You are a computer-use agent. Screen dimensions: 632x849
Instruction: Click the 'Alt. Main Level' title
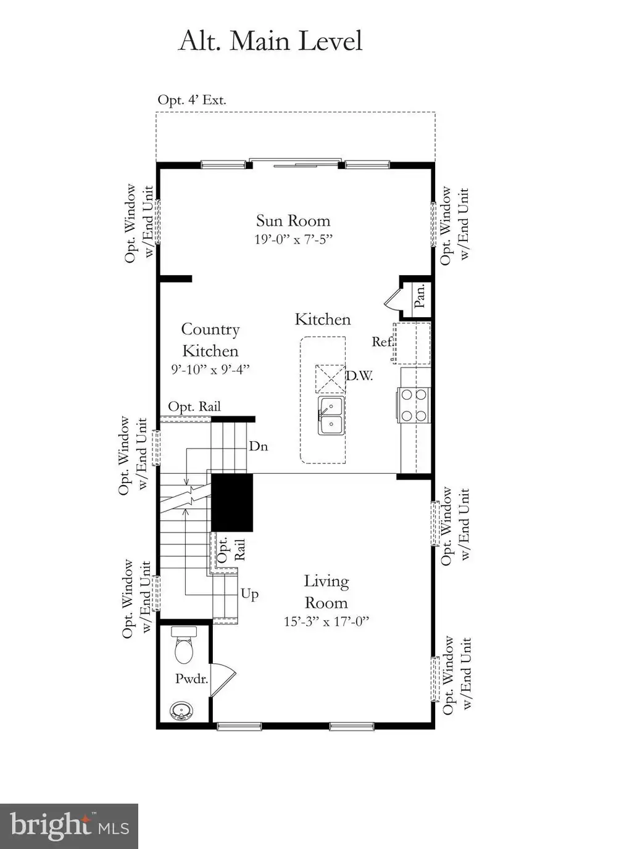click(270, 41)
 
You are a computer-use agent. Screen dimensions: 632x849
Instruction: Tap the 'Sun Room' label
click(293, 220)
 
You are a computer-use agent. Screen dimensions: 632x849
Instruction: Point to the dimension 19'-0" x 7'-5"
click(293, 239)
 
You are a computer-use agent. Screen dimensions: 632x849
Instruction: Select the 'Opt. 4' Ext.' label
click(192, 100)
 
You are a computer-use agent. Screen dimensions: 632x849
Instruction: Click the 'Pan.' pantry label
click(420, 296)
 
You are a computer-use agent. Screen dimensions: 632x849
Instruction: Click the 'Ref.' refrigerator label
click(382, 341)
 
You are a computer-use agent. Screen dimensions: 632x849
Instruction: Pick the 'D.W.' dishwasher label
click(359, 376)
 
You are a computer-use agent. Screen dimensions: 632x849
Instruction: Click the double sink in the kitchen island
click(331, 415)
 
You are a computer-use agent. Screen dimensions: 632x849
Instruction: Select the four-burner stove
click(414, 405)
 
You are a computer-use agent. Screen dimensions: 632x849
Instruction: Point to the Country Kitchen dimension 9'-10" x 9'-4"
click(210, 370)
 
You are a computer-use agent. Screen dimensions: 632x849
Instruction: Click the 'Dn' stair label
click(259, 446)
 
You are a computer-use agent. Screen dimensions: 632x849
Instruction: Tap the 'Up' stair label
click(249, 594)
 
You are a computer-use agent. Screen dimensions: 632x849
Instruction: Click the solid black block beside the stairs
click(232, 503)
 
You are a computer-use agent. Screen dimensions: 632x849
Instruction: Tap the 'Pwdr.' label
click(191, 679)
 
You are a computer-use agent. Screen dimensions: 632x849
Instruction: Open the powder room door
click(223, 680)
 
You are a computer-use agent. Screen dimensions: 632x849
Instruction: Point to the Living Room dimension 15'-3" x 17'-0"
click(326, 621)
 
